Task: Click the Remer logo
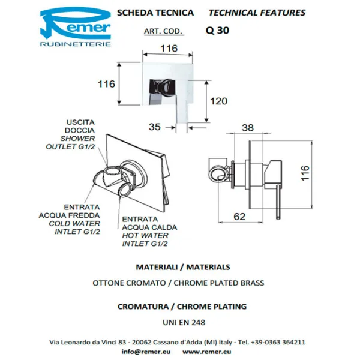pyautogui.click(x=76, y=27)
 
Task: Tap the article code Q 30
pyautogui.click(x=217, y=31)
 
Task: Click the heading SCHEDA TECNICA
pyautogui.click(x=155, y=13)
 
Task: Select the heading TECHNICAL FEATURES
pyautogui.click(x=257, y=13)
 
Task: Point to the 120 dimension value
pyautogui.click(x=218, y=101)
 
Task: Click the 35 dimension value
pyautogui.click(x=155, y=127)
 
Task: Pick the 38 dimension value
pyautogui.click(x=248, y=128)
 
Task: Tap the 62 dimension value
pyautogui.click(x=239, y=217)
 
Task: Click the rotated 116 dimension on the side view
pyautogui.click(x=305, y=173)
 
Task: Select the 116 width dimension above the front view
pyautogui.click(x=169, y=49)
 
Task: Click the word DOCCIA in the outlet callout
pyautogui.click(x=80, y=130)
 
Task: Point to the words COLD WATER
pyautogui.click(x=74, y=223)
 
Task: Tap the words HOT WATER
pyautogui.click(x=145, y=235)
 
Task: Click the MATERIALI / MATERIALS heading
pyautogui.click(x=183, y=267)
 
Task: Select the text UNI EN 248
pyautogui.click(x=184, y=323)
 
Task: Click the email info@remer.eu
pyautogui.click(x=146, y=352)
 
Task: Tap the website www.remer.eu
pyautogui.click(x=206, y=352)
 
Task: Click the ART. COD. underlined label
pyautogui.click(x=163, y=31)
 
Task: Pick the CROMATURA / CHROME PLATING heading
pyautogui.click(x=182, y=307)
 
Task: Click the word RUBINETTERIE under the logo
pyautogui.click(x=76, y=44)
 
